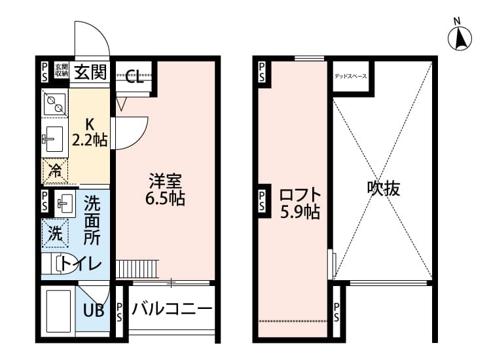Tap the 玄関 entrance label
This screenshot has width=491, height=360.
pos(90,71)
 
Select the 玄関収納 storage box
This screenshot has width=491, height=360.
pos(61,71)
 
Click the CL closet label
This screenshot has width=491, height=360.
pos(134,79)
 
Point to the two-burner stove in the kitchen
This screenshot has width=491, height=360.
pos(54,103)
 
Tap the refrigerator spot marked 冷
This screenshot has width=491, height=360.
pos(56,172)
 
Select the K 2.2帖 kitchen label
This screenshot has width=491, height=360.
pos(90,131)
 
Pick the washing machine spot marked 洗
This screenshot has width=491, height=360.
pos(56,232)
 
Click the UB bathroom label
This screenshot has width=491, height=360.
pos(94,310)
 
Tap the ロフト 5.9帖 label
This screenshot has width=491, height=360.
pos(299,203)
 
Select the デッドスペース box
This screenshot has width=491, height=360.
pos(351,76)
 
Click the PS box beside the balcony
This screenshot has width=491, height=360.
pos(119,311)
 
